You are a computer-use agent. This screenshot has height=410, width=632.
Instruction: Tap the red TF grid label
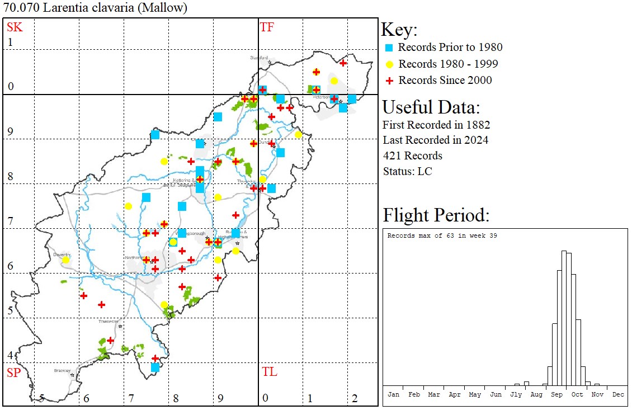tap(267, 27)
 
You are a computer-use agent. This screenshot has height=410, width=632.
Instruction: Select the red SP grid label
tap(13, 373)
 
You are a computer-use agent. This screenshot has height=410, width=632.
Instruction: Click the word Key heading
tap(399, 30)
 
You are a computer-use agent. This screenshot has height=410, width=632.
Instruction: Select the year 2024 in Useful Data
tap(475, 140)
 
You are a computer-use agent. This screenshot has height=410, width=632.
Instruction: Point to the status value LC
tap(425, 171)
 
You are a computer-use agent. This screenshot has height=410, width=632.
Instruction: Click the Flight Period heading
tap(436, 215)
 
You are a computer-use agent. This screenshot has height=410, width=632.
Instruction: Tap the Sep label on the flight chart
tap(556, 394)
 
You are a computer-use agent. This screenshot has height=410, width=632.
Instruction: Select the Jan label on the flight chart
tap(393, 394)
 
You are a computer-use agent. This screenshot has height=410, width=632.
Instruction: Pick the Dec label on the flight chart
tap(617, 394)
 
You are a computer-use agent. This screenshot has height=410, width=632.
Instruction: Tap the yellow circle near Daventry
tap(66, 260)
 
